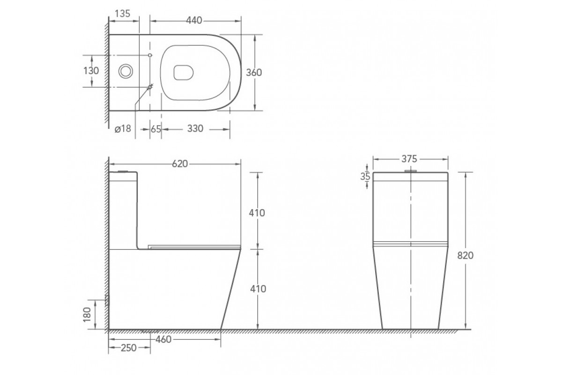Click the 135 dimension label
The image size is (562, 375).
[x=123, y=14]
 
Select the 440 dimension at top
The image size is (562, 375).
[x=194, y=20]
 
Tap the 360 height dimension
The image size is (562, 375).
[x=254, y=73]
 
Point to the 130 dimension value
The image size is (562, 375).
[x=91, y=71]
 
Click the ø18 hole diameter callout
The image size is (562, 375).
[x=123, y=128]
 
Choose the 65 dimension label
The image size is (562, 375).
[x=156, y=129]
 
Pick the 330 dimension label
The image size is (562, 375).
[x=195, y=128]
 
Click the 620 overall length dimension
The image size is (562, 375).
[x=180, y=164]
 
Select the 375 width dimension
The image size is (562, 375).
[x=409, y=159]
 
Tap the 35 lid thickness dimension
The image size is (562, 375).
[x=365, y=177]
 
